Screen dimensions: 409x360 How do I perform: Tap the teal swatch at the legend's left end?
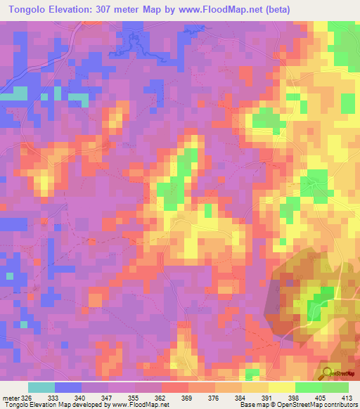point(41,387)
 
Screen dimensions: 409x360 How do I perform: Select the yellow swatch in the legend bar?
point(282,387)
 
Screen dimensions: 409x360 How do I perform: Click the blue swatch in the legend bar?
point(68,387)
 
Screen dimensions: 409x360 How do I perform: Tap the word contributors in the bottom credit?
point(340,405)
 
